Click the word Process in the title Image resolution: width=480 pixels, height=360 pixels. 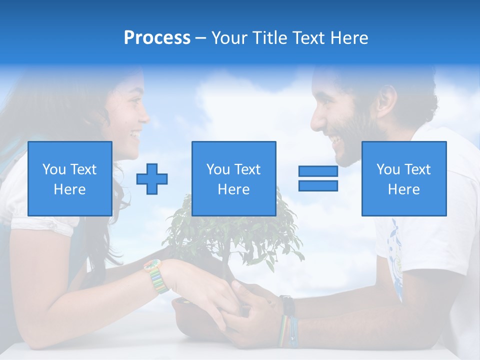tap(157, 37)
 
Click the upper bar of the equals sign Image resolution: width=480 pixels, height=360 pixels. tap(318, 171)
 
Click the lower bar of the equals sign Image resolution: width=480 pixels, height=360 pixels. tap(318, 185)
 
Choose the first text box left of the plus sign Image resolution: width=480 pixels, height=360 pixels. tap(70, 178)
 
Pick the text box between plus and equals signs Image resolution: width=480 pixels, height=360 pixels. tap(233, 178)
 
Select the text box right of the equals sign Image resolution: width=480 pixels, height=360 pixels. tap(404, 178)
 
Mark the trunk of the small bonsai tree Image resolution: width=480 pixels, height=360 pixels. tap(226, 260)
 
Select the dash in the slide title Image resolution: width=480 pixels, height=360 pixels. tap(200, 38)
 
